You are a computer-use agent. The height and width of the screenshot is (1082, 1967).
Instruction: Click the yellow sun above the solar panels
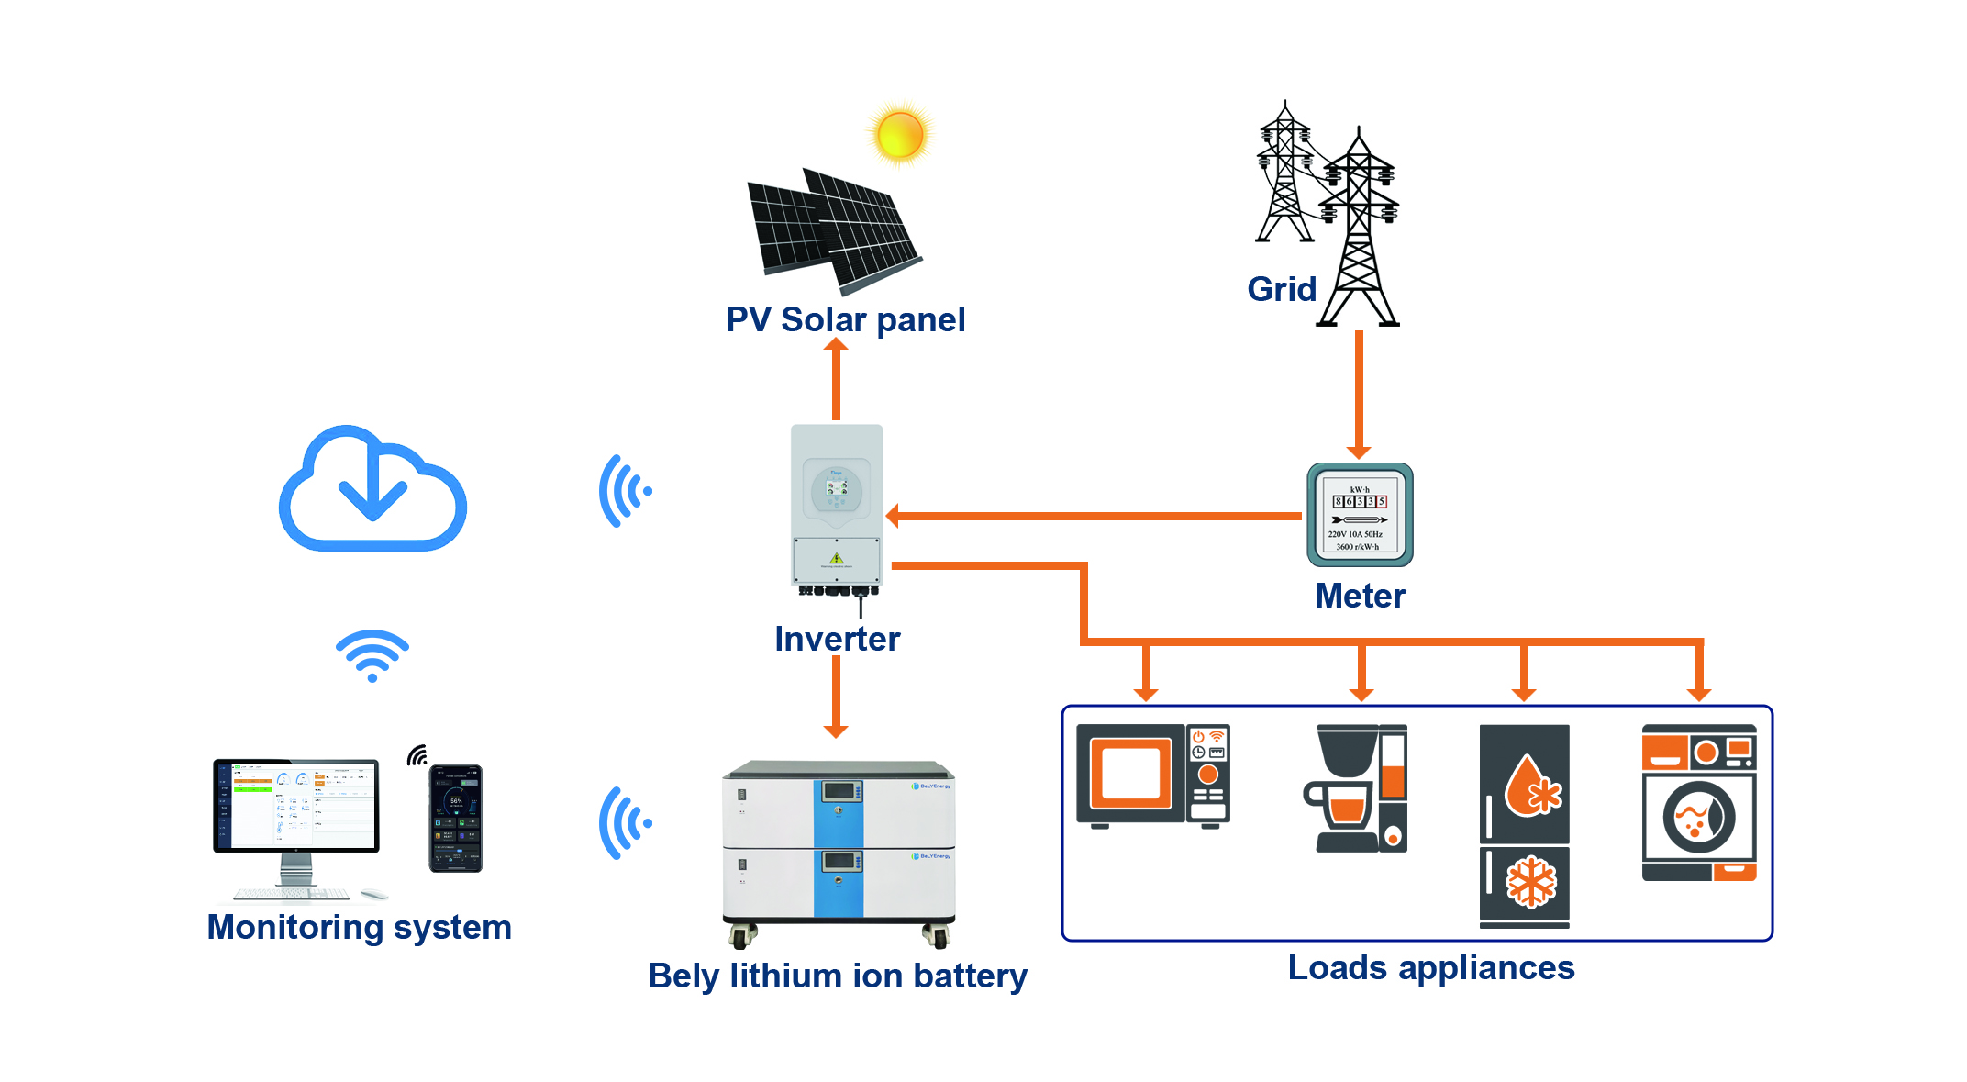coord(900,135)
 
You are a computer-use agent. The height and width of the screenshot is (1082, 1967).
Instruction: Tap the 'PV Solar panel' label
coord(845,319)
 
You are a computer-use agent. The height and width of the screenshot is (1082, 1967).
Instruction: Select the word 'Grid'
coord(1281,289)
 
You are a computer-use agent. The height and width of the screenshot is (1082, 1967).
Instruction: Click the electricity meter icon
coord(1359,515)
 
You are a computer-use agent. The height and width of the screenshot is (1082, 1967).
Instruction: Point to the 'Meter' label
coord(1360,596)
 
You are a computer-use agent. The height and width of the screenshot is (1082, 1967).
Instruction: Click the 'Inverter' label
coord(837,639)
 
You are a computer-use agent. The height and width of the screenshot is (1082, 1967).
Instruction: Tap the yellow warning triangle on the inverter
coord(836,558)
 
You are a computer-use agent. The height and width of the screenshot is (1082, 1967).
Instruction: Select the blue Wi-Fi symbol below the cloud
coord(372,655)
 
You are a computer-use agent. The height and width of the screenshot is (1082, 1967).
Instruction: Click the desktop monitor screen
coord(296,805)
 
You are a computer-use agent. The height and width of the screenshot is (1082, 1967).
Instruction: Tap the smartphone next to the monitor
coord(456,818)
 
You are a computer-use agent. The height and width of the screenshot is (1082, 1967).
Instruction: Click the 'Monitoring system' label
coord(359,927)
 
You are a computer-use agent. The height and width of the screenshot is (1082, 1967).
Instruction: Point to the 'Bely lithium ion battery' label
coord(837,976)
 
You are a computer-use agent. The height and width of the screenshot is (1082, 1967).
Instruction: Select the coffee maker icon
coord(1356,788)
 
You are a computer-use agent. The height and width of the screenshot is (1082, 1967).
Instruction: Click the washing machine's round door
coord(1698,817)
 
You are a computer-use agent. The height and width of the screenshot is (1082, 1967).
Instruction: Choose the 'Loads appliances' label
coord(1430,967)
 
